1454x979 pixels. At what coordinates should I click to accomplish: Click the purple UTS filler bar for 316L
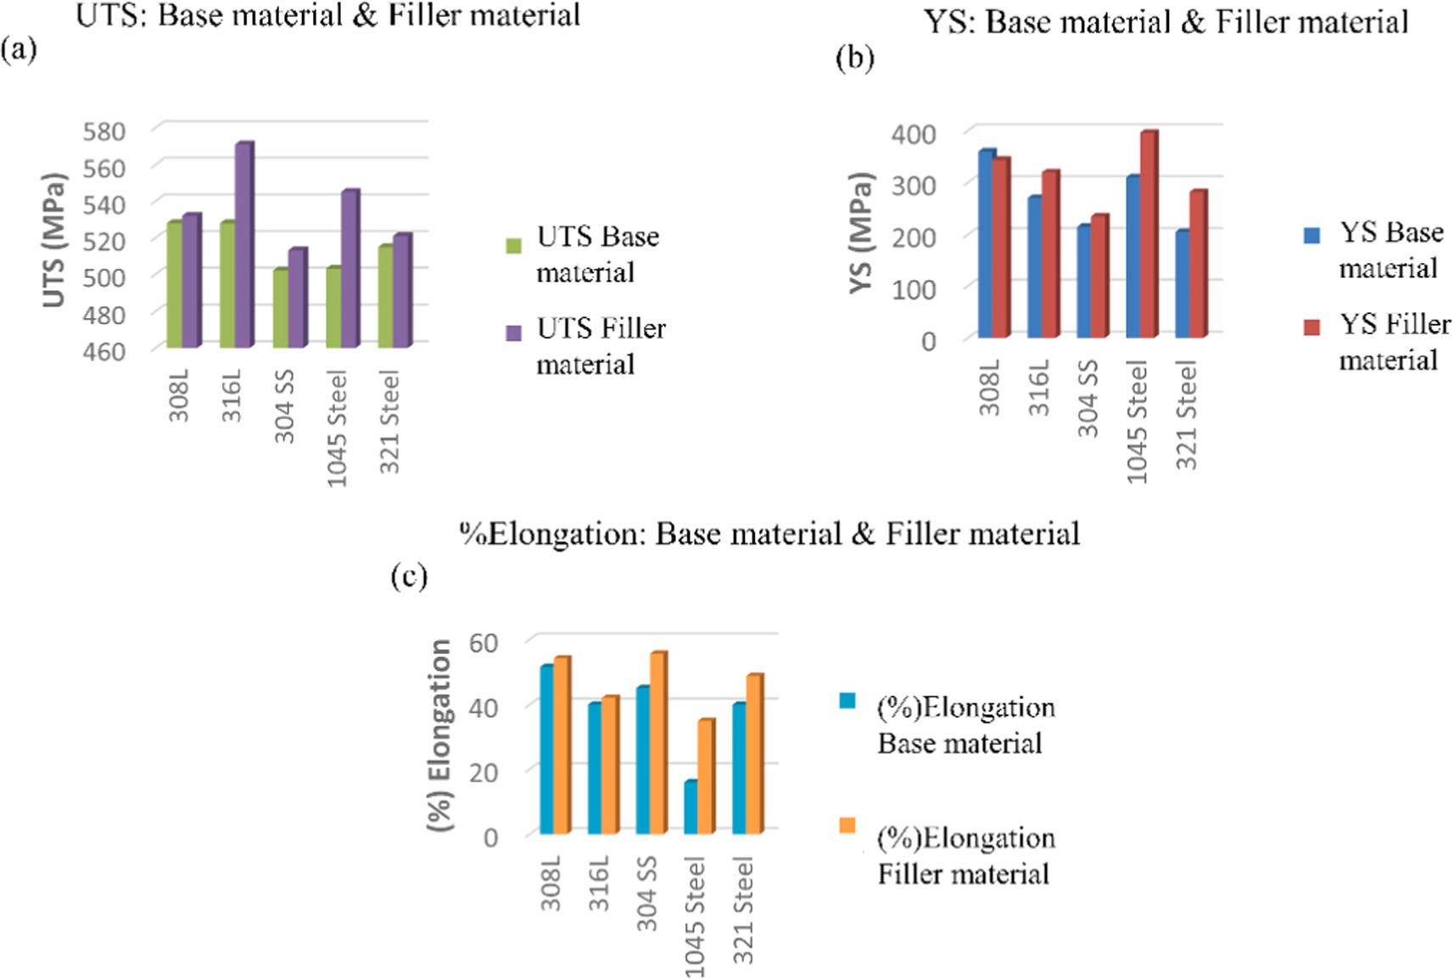click(244, 246)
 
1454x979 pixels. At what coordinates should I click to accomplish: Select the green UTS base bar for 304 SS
click(280, 309)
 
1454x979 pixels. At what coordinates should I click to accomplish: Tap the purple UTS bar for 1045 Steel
click(350, 270)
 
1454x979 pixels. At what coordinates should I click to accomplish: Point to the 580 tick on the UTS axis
click(104, 131)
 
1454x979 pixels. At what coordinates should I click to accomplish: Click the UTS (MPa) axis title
click(54, 240)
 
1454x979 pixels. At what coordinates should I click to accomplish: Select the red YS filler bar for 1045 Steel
click(1149, 236)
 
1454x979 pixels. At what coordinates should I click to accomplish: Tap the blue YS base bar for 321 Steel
click(1183, 284)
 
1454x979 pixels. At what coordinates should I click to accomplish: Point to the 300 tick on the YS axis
click(914, 185)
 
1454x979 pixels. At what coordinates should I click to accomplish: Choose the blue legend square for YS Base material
click(1311, 236)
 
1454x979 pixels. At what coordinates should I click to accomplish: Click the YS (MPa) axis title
click(862, 233)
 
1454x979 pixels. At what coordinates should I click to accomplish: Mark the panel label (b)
click(854, 59)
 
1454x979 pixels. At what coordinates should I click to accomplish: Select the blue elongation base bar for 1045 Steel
click(691, 808)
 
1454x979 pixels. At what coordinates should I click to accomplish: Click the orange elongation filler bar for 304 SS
click(657, 744)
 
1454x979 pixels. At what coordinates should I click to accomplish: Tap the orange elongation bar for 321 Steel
click(753, 755)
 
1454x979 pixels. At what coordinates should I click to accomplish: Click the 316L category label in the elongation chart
click(600, 882)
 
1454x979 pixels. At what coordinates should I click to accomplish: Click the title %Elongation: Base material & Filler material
click(769, 534)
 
